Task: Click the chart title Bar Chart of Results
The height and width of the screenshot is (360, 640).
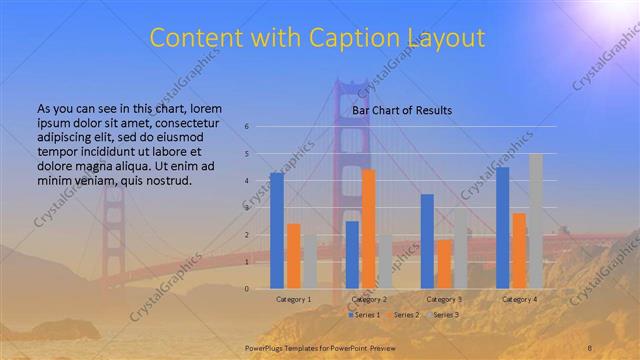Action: (x=402, y=109)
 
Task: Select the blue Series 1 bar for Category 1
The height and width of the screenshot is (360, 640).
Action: (x=277, y=230)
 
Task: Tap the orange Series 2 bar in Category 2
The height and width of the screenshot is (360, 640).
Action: (x=368, y=228)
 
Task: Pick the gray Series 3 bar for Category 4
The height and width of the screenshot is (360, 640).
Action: (x=536, y=221)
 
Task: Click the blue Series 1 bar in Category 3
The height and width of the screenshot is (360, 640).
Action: (x=427, y=241)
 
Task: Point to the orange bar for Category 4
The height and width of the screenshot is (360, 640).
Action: (x=519, y=250)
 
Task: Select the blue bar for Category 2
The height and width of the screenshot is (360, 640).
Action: (x=352, y=254)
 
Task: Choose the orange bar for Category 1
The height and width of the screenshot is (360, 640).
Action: (x=293, y=255)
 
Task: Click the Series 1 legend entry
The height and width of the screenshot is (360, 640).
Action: (x=366, y=315)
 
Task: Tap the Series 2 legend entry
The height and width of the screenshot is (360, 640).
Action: (x=403, y=315)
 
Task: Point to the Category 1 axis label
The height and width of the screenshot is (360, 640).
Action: (x=294, y=299)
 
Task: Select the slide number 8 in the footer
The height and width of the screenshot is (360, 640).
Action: (x=590, y=347)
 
